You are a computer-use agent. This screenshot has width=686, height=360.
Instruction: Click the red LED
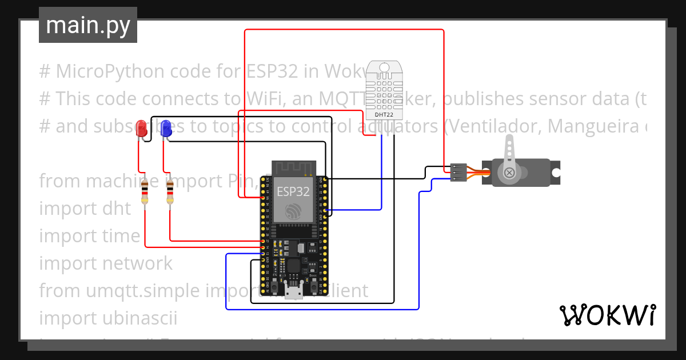[x=141, y=128]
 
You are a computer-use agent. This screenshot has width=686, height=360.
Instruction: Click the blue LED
[x=166, y=128]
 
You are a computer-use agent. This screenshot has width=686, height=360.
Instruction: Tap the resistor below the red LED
[x=144, y=191]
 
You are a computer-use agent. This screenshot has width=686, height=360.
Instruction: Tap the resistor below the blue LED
[x=170, y=191]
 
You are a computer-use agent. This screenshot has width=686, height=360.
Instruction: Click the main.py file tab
[x=88, y=25]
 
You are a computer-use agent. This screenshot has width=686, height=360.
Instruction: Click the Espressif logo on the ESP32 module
[x=293, y=210]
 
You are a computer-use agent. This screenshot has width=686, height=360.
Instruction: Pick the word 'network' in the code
[x=137, y=263]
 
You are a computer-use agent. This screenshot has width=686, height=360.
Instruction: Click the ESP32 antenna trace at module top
[x=293, y=167]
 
